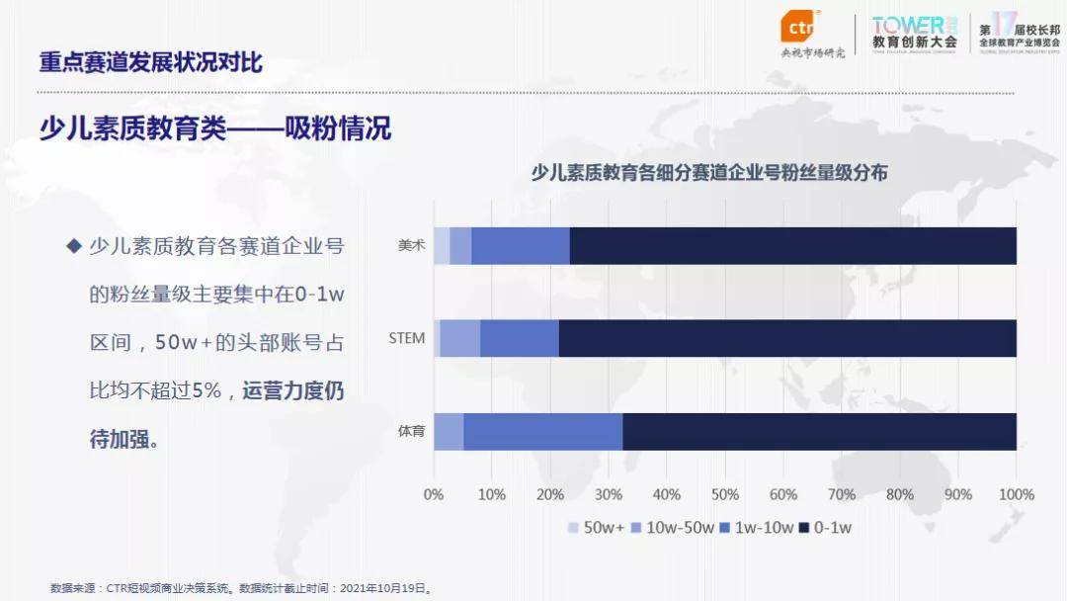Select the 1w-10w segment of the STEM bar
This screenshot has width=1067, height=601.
click(x=520, y=338)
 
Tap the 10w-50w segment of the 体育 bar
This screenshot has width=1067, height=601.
click(x=449, y=431)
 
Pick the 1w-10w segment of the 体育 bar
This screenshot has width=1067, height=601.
click(x=543, y=431)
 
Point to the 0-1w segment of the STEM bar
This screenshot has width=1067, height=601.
click(x=787, y=338)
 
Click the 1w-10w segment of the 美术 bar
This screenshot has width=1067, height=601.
click(x=521, y=246)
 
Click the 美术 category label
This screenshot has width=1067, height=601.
click(x=411, y=246)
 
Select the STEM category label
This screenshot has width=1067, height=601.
click(x=406, y=338)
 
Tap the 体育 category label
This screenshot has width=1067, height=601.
click(x=411, y=431)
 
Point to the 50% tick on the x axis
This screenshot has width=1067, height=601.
click(x=725, y=494)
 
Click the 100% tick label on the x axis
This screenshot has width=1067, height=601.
click(x=1017, y=494)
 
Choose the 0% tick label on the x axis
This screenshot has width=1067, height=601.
click(x=434, y=494)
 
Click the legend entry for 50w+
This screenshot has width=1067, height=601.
click(x=596, y=528)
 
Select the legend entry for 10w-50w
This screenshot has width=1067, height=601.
click(x=672, y=528)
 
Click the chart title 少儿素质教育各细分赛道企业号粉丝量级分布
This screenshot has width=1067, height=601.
click(x=709, y=172)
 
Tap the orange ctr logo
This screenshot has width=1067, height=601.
click(x=799, y=27)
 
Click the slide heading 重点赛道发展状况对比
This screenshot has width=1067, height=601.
click(x=151, y=62)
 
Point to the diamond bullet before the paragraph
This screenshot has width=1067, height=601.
click(x=72, y=246)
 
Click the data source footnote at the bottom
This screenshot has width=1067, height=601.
click(x=242, y=587)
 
